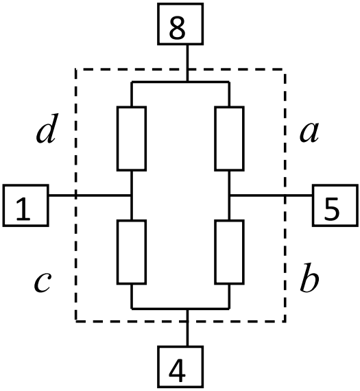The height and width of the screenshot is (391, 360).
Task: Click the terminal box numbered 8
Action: tap(180, 24)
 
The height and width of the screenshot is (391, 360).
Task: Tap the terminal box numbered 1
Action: tap(25, 206)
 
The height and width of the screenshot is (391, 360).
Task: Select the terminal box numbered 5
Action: tap(335, 206)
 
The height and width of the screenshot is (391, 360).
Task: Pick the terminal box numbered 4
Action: tap(180, 367)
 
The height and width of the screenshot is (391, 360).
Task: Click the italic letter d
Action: tap(47, 129)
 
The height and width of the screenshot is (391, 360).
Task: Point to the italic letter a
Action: tap(309, 132)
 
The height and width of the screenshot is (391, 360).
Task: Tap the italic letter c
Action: tap(43, 282)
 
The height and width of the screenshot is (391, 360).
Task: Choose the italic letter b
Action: tap(309, 277)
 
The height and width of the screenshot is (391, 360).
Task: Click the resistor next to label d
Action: tap(132, 139)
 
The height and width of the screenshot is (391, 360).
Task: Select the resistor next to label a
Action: tap(229, 139)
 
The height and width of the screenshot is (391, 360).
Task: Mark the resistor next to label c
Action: tap(132, 252)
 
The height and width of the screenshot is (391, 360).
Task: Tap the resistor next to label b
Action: tap(229, 252)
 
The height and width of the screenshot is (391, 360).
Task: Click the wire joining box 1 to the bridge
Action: tap(90, 195)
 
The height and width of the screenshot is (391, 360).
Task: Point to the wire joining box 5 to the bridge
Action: tap(271, 195)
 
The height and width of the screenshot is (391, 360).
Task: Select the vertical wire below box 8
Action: tap(187, 63)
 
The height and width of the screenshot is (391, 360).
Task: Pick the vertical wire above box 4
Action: tap(187, 327)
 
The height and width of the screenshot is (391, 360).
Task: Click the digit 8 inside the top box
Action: tap(178, 28)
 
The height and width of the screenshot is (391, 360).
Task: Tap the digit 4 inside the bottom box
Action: tap(178, 370)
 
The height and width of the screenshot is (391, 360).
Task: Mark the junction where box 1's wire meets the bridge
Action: tap(132, 195)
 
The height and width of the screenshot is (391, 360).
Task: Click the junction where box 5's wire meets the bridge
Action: tap(229, 195)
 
